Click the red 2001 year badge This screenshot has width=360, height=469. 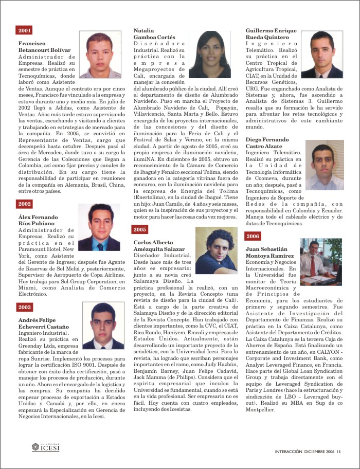point(24,30)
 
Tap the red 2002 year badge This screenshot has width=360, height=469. point(24,204)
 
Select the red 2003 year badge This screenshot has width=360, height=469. point(24,307)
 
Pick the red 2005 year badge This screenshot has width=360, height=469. point(139,229)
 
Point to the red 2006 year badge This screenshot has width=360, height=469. point(253,236)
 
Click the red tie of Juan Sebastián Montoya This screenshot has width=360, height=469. point(312,266)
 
